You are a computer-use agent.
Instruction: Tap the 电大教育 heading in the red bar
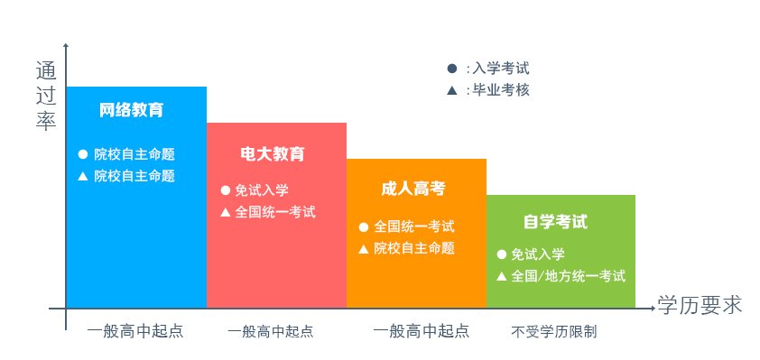273,154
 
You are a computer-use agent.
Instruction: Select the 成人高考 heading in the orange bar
413,189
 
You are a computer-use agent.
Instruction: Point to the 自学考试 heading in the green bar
555,222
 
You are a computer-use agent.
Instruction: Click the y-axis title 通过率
46,96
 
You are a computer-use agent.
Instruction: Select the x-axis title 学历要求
700,305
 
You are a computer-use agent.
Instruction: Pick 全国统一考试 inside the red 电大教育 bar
275,212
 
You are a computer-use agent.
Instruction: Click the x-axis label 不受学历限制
554,331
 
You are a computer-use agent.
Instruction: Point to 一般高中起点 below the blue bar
135,330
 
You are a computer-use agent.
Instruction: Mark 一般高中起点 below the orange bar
422,330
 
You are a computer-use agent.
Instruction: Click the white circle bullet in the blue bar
82,153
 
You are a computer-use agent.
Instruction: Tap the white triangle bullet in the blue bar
82,175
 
